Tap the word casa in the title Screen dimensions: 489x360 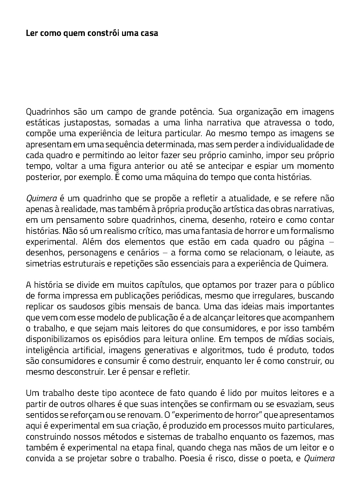149,33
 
